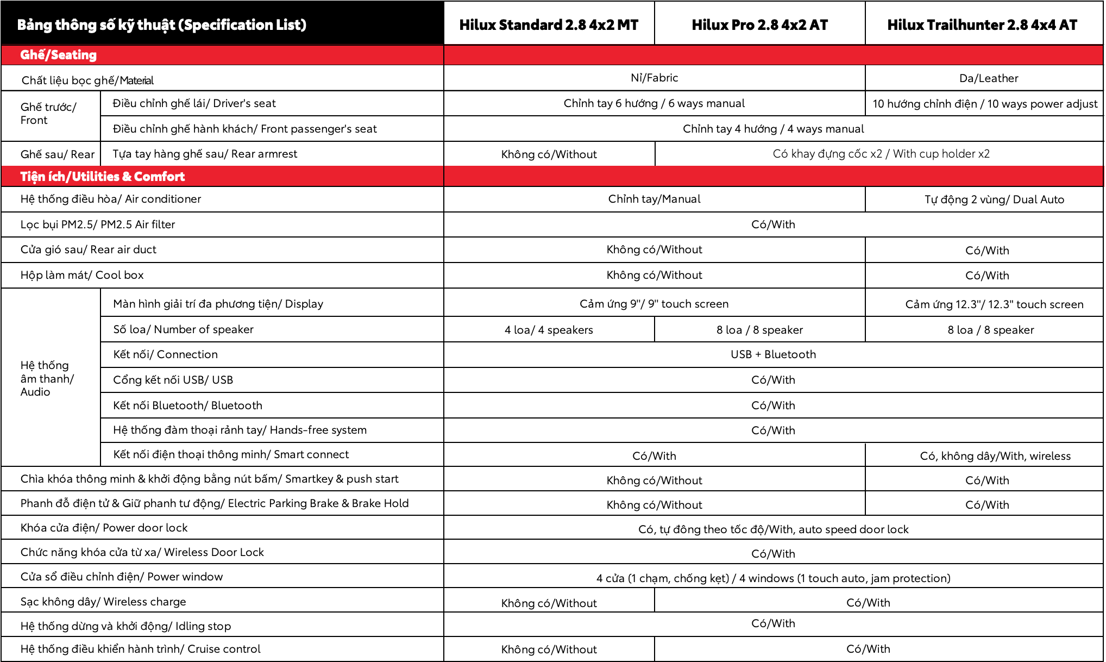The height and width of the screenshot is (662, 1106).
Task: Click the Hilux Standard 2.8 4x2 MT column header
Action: (549, 25)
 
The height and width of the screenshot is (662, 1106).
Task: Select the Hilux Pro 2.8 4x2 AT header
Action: (759, 25)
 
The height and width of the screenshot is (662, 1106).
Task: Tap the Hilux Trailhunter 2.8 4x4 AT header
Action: (982, 25)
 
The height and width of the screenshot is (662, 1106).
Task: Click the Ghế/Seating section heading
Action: (59, 55)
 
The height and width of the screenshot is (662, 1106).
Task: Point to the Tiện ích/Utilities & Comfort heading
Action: (103, 177)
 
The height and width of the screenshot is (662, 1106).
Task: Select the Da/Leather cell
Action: (989, 78)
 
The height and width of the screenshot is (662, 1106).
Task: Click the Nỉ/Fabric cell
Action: (654, 78)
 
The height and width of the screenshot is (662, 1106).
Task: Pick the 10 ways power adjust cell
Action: (985, 104)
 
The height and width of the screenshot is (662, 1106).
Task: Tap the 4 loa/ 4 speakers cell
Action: (549, 330)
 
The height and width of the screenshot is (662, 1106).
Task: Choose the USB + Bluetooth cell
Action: (773, 354)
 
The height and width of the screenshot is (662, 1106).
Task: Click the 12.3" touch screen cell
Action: (994, 304)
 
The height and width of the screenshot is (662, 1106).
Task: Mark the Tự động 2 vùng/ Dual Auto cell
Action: (994, 199)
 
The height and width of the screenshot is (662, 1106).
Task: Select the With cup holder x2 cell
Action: (881, 154)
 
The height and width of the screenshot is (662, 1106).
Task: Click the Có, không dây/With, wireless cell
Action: (995, 456)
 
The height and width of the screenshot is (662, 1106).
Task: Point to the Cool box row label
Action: (82, 275)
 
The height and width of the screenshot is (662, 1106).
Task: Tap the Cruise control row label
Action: (141, 649)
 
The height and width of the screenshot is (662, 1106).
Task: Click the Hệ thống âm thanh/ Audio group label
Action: (47, 378)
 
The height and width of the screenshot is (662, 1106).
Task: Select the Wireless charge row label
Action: (103, 602)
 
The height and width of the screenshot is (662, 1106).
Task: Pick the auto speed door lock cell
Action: (773, 529)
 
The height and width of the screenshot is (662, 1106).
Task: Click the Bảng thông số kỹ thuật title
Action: (162, 25)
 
